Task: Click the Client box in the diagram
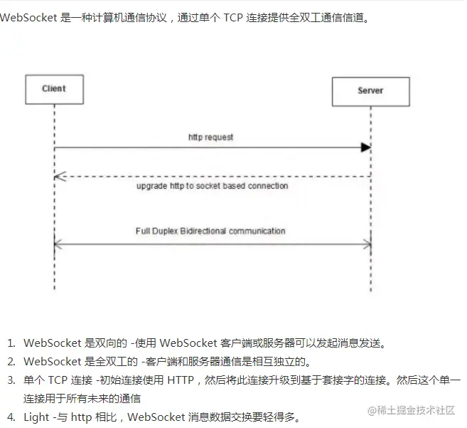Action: [x=54, y=89]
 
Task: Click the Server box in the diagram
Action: [x=370, y=91]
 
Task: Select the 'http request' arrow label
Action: [x=210, y=136]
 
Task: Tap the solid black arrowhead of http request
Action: [x=365, y=147]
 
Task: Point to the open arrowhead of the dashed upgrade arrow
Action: [x=60, y=176]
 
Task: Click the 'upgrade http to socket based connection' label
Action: [x=212, y=186]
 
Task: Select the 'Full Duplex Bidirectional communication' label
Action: [x=210, y=231]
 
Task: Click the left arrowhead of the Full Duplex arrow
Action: [x=58, y=244]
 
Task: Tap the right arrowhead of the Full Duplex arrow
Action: [x=367, y=244]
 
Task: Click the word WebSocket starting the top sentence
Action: [x=29, y=18]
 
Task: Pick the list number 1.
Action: [x=11, y=344]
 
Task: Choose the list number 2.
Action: [x=11, y=362]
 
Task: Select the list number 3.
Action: [x=11, y=380]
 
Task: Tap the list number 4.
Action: [x=11, y=417]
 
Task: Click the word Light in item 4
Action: [x=36, y=417]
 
